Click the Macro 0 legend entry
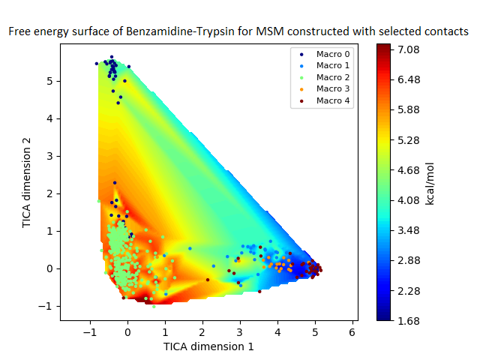pos(332,55)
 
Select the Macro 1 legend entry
pos(332,66)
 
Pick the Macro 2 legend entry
pos(332,77)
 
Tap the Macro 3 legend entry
pos(332,88)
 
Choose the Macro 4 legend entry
pos(332,100)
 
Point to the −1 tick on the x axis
pos(90,331)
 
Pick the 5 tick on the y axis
pos(50,81)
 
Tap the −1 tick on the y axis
pos(47,306)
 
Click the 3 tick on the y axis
pos(50,156)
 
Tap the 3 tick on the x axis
pos(240,331)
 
